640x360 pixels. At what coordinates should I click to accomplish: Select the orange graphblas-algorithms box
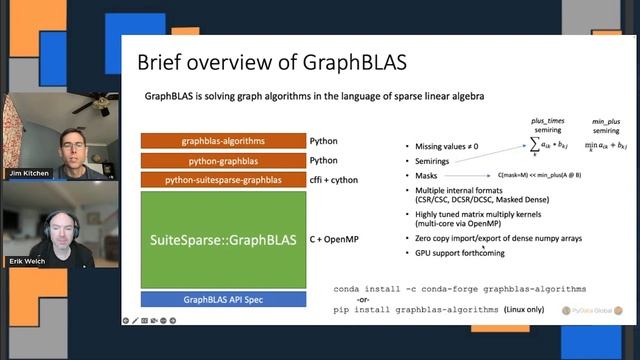223,142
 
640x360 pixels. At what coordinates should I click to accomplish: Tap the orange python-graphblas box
223,161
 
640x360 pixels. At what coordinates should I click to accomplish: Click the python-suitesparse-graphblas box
223,180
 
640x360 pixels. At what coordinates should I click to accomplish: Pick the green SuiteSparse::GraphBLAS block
223,239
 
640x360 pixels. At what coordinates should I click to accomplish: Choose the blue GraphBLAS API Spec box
223,298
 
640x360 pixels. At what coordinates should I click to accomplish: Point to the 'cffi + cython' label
340,180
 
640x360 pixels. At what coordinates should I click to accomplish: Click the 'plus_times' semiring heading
548,121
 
